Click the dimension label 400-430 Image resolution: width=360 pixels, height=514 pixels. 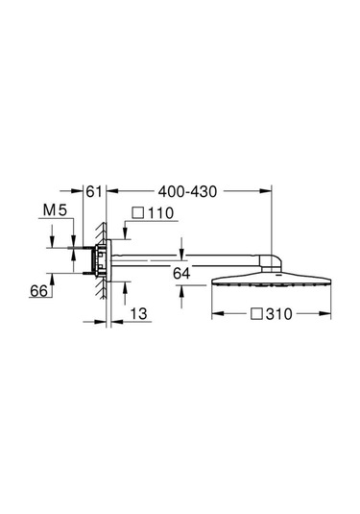(x=187, y=192)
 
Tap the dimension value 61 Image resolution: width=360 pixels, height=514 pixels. (x=94, y=192)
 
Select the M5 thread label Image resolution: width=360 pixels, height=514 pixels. (x=55, y=210)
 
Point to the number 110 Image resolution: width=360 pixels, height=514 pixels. (x=161, y=213)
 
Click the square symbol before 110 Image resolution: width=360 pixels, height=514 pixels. (x=138, y=212)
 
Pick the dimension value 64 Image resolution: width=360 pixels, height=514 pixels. (x=181, y=273)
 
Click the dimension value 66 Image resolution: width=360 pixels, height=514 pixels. (x=38, y=291)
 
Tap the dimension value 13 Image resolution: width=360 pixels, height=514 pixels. (x=139, y=314)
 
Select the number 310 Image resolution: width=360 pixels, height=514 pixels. (x=279, y=314)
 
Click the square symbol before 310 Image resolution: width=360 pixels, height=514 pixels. (x=257, y=314)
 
